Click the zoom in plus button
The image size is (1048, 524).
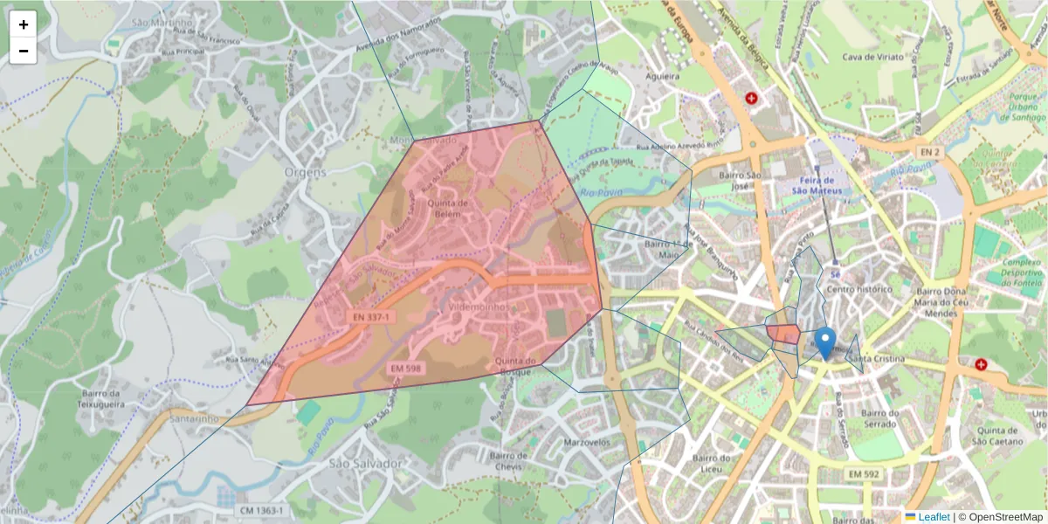coord(24,24)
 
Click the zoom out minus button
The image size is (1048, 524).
coord(24,51)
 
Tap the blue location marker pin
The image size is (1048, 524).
coord(824,342)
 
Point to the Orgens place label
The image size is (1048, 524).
coord(305,172)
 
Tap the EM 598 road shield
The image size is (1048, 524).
coord(405,368)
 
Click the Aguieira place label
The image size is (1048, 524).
coord(662,77)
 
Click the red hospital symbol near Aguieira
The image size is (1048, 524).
coord(751,99)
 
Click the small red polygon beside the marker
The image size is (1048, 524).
coord(783,334)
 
